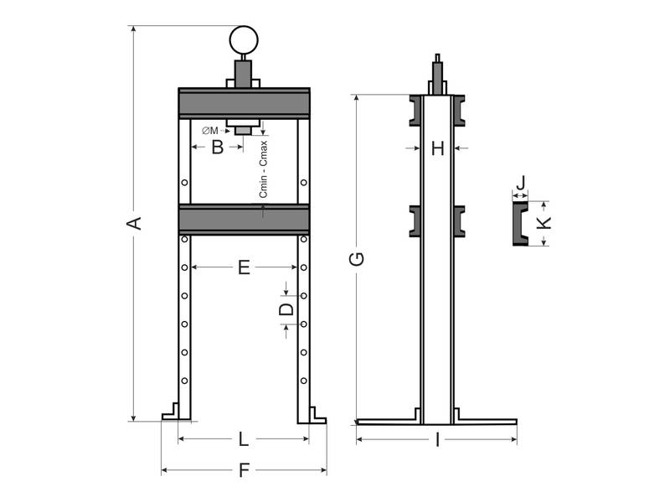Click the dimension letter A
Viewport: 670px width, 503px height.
click(x=133, y=223)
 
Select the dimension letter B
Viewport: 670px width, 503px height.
click(x=217, y=148)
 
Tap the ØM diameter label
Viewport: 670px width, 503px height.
click(x=210, y=131)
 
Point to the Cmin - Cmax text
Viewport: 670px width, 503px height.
click(x=263, y=167)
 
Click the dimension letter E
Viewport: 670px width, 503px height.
click(x=244, y=267)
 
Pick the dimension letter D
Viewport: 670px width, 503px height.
click(x=286, y=309)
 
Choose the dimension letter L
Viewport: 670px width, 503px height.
click(x=243, y=439)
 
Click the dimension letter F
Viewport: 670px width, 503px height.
click(x=244, y=471)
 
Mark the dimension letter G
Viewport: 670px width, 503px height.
click(x=357, y=259)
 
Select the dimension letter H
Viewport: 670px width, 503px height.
click(x=437, y=149)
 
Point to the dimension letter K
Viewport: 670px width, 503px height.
click(x=544, y=223)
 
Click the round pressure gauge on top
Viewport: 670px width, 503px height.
click(x=244, y=39)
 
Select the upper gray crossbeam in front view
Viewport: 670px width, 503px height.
click(x=244, y=103)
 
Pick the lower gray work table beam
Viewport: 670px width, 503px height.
click(x=244, y=219)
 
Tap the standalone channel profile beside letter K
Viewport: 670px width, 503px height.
click(x=520, y=223)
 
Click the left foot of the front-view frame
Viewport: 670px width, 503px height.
click(x=175, y=412)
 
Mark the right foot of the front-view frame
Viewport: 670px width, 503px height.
click(x=312, y=412)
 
